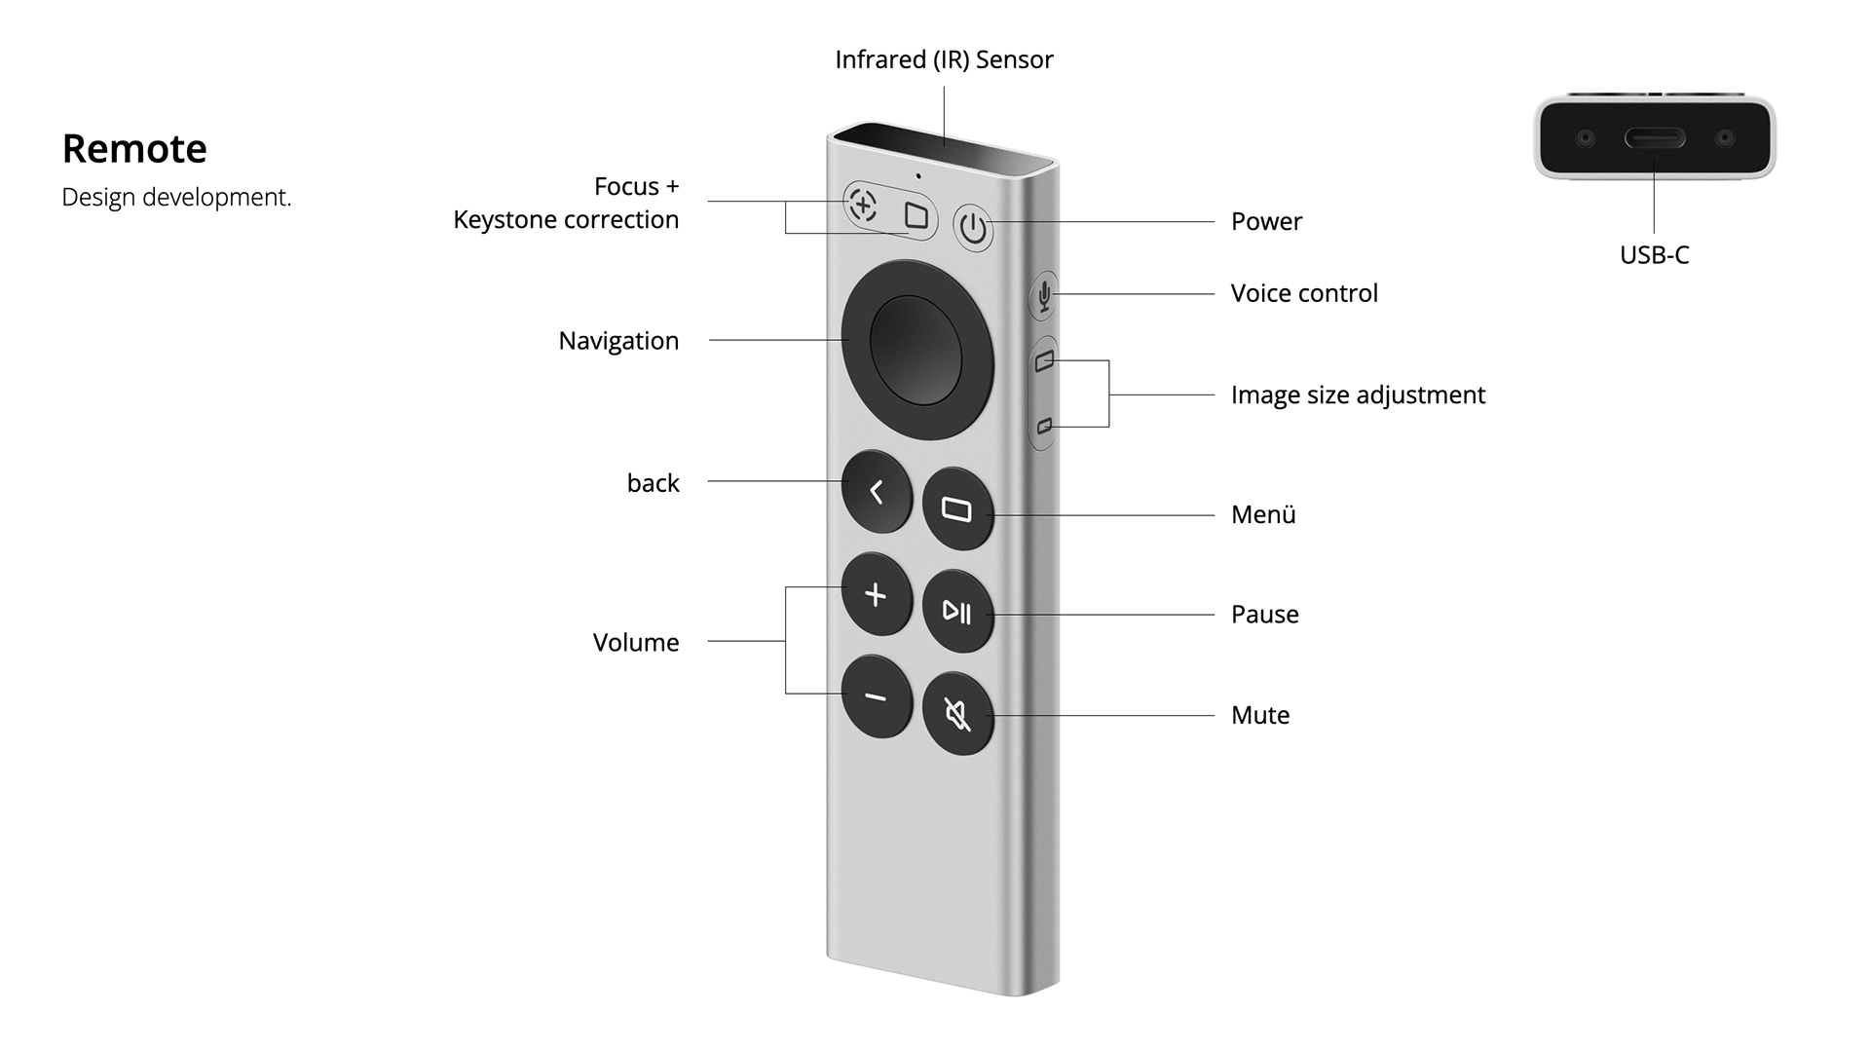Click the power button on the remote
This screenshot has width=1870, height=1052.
click(973, 229)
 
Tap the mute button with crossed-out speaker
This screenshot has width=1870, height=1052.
click(957, 716)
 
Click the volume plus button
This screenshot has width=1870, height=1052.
click(877, 595)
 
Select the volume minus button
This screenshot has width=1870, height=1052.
click(877, 697)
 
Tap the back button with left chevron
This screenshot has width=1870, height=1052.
click(877, 492)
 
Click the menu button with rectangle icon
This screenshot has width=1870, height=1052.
click(957, 509)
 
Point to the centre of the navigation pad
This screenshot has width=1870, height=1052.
click(916, 350)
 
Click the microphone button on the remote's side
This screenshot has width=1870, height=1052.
click(1044, 294)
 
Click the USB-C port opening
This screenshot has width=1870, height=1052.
click(1654, 138)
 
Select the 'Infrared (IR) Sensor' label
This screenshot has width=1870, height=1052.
click(944, 59)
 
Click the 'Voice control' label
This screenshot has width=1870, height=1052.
click(1304, 293)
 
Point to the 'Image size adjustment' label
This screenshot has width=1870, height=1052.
click(1358, 394)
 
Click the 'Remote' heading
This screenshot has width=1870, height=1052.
click(134, 149)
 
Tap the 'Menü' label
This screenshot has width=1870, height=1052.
click(1263, 514)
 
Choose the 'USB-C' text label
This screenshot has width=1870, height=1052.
click(1654, 255)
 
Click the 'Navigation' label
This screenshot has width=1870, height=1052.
click(618, 341)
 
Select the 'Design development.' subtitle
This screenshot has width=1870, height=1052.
click(176, 197)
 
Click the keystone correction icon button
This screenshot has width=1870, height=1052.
click(916, 215)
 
